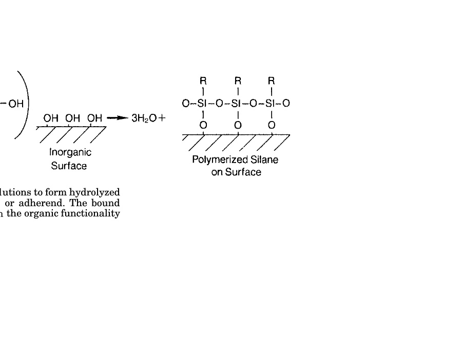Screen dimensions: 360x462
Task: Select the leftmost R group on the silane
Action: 203,81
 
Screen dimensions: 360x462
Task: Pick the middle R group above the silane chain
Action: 238,81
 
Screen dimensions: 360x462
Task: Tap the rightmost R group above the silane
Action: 272,81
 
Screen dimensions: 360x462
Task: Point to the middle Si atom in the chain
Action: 238,104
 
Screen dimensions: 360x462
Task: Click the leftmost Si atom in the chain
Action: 203,104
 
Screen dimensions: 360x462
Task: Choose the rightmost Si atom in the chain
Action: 272,104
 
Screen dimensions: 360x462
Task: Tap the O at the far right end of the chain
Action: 286,104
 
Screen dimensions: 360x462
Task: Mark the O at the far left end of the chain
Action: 186,104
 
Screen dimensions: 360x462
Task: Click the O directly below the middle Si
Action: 238,125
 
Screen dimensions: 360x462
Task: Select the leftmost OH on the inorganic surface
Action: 51,118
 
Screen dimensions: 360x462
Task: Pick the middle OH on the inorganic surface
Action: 72,118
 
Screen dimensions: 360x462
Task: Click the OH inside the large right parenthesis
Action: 16,104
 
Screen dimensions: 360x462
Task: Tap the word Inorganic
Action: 70,152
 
